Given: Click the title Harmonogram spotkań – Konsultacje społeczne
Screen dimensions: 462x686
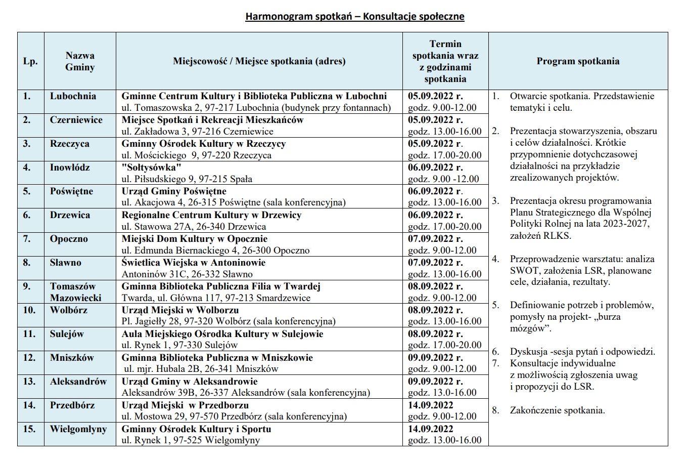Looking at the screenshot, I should click(x=355, y=16).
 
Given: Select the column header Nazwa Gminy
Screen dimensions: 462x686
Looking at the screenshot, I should click(x=80, y=61).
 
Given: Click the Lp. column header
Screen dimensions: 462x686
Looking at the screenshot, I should click(x=30, y=62).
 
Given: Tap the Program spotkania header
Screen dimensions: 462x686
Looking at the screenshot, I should click(x=578, y=61).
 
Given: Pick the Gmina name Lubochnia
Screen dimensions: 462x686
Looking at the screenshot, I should click(x=73, y=96).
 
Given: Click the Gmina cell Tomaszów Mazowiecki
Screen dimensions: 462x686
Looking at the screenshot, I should click(x=76, y=292).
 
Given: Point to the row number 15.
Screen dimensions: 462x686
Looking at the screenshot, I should click(x=30, y=429).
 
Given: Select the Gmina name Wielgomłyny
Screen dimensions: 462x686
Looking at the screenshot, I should click(x=78, y=429).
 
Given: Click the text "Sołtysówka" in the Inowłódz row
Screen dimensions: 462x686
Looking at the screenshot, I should click(x=151, y=167).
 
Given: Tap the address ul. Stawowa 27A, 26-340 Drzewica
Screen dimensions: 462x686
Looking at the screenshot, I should click(x=194, y=227).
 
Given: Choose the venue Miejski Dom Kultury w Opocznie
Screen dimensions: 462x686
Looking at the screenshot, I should click(x=195, y=239).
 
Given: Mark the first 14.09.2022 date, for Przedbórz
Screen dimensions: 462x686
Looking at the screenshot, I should click(x=431, y=405).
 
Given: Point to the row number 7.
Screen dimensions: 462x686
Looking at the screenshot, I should click(x=27, y=239).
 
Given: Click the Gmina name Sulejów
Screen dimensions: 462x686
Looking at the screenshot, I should click(x=67, y=334).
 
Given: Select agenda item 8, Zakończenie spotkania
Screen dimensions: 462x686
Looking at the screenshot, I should click(x=557, y=410).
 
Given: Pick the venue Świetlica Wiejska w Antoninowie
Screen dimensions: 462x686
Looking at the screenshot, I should click(x=194, y=263).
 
